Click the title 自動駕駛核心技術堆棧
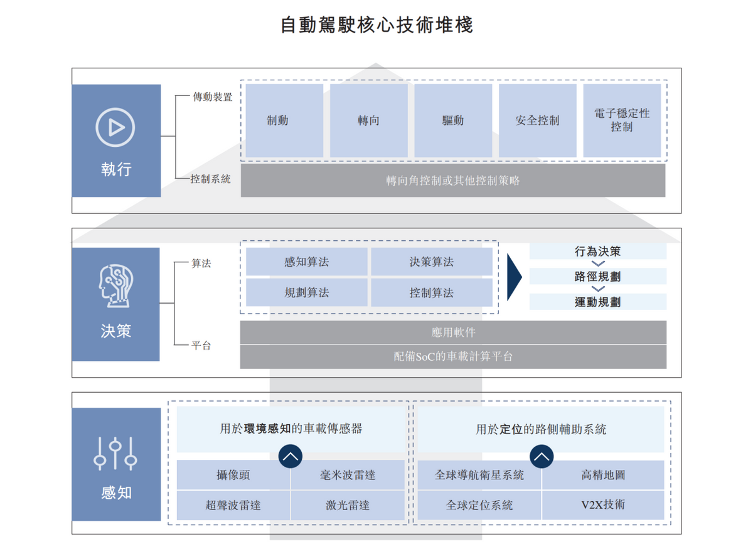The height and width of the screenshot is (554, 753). tap(376, 25)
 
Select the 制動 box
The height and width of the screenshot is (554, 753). tap(284, 120)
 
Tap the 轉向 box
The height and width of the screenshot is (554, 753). tap(369, 120)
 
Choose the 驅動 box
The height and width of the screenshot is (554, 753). tap(453, 120)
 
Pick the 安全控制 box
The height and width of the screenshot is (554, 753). tap(538, 120)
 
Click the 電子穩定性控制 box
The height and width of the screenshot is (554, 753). tap(622, 120)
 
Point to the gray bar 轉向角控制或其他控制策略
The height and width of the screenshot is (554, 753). tap(453, 181)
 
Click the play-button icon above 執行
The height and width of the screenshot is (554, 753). tap(115, 127)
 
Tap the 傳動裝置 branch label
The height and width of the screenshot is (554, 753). tap(213, 97)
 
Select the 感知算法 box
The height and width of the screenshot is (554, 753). tap(307, 262)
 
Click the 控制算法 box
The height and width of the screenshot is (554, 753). tap(432, 292)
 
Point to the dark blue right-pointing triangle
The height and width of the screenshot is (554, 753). tap(515, 277)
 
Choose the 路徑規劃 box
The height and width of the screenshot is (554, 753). tap(597, 276)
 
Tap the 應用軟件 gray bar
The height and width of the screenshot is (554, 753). tap(453, 332)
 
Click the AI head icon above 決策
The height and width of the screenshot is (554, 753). tap(115, 285)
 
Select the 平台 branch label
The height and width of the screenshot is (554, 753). tap(201, 345)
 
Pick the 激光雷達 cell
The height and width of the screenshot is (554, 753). tap(348, 505)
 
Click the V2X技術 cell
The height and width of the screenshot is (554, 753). tap(603, 505)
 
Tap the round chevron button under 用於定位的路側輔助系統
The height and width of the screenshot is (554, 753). tap(542, 457)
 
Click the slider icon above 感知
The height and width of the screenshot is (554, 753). tap(115, 454)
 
